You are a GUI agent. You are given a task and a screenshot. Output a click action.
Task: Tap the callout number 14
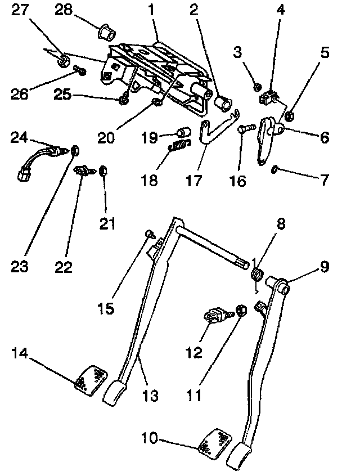point(20,353)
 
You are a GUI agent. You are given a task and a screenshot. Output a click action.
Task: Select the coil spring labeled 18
point(179,146)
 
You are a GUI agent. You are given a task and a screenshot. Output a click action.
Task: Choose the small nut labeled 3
point(256,87)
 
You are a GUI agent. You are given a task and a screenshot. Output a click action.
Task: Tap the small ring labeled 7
point(275,169)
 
